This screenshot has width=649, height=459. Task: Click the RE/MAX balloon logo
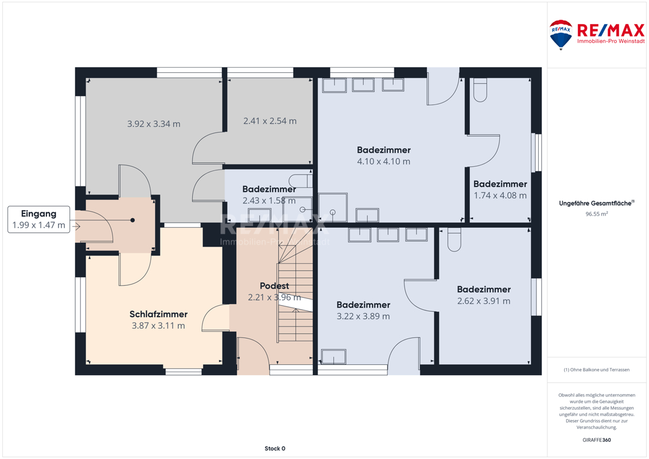point(561,35)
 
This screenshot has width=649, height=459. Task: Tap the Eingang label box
point(39,219)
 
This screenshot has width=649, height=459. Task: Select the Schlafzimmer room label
point(158,314)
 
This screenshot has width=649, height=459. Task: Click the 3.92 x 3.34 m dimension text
point(154,124)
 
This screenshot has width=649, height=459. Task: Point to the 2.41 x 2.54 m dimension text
point(270,121)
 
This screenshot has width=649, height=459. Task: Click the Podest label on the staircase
point(274,286)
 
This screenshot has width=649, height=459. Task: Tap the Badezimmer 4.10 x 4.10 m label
point(384,155)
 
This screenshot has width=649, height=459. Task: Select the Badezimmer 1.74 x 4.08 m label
point(500,189)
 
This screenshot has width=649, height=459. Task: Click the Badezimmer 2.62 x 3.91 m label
point(484,295)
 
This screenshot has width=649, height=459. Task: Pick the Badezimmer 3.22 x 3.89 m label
point(363,310)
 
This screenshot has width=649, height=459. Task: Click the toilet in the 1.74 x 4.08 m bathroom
point(480,90)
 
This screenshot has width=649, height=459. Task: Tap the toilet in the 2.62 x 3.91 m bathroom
point(454,240)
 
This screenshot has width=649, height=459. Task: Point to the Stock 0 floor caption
point(275,448)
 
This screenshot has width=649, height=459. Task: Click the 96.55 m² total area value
point(596,214)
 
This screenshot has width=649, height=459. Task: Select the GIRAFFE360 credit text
point(596,440)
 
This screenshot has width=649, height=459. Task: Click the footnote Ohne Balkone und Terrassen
point(596,369)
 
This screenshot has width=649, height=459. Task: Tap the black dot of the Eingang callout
point(133,220)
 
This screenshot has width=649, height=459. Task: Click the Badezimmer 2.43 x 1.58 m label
point(269,195)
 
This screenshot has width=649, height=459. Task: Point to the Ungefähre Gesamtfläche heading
point(596,203)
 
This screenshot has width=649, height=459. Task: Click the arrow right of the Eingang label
point(76,226)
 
